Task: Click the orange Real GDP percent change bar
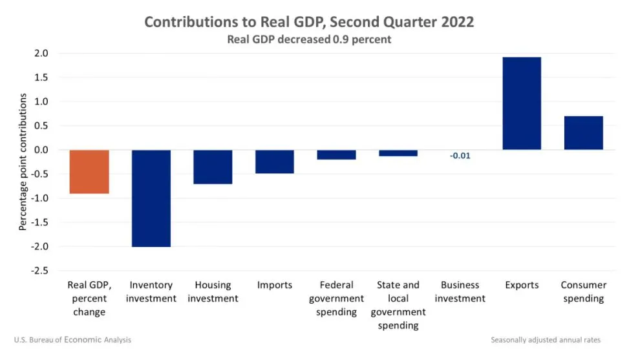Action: pos(89,171)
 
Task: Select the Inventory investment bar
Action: pos(151,198)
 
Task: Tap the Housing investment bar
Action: pos(213,167)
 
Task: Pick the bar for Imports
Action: pos(275,162)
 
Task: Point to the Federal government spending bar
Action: pos(336,154)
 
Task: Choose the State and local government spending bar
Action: pos(398,153)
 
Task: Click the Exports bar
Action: pos(522,103)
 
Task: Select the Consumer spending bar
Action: pos(583,133)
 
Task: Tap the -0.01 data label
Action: pos(460,156)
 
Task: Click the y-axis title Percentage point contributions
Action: pos(23,162)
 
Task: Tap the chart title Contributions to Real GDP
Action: pos(309,22)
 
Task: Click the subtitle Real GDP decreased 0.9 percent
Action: pos(309,39)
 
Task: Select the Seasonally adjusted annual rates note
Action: pos(545,339)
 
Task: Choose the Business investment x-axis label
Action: pos(460,291)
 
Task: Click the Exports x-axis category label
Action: pos(522,285)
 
